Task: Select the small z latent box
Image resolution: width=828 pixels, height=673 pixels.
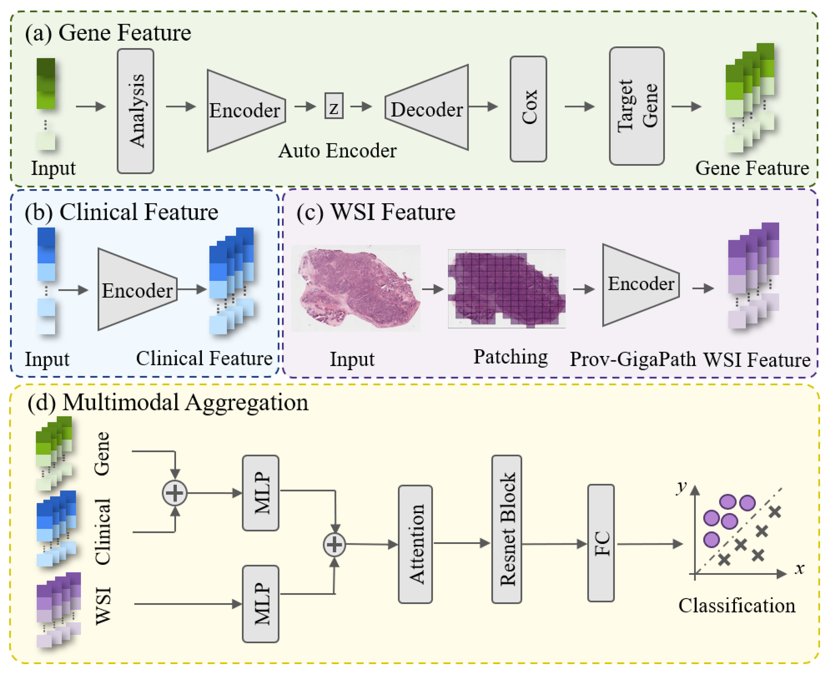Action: tap(334, 106)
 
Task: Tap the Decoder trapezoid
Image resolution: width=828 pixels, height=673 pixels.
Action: tap(427, 108)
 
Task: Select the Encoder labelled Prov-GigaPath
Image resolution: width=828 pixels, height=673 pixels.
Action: tap(640, 285)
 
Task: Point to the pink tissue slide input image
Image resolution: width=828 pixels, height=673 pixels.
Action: tap(356, 288)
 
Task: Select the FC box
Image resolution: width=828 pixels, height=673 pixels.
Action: tap(601, 543)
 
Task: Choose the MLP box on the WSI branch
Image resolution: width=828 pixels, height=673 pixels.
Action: tap(260, 604)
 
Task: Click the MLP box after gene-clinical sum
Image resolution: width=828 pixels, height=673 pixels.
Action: tap(260, 493)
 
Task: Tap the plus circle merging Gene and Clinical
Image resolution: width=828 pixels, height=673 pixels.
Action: tap(174, 493)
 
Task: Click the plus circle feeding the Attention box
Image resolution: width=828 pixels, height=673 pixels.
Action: tap(334, 545)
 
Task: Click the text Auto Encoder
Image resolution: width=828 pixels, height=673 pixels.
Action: tap(337, 151)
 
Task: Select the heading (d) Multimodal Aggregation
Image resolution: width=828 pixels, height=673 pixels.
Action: tap(168, 402)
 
